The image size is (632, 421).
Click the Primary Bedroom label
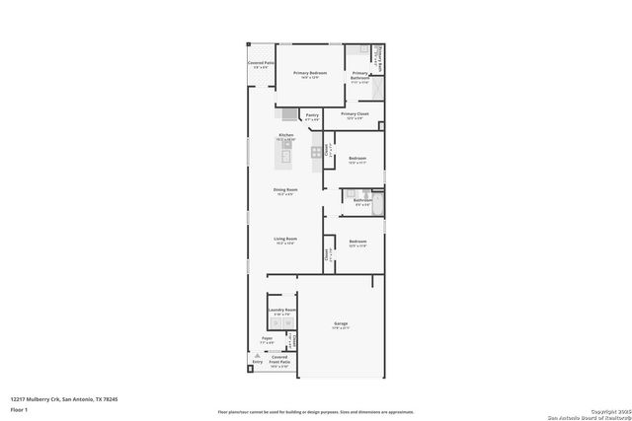point(309,75)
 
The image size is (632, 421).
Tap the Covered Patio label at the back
point(260,65)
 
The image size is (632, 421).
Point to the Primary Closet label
point(355,115)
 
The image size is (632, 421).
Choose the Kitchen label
point(285,136)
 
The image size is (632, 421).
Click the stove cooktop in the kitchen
point(316,152)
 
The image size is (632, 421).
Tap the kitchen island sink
point(285,154)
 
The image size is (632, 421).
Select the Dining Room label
point(285,191)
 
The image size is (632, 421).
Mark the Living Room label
point(285,241)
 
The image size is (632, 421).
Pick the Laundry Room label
point(281,311)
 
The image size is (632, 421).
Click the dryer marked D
point(287,321)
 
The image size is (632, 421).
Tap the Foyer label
point(267,340)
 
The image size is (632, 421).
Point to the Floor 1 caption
point(19,408)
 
